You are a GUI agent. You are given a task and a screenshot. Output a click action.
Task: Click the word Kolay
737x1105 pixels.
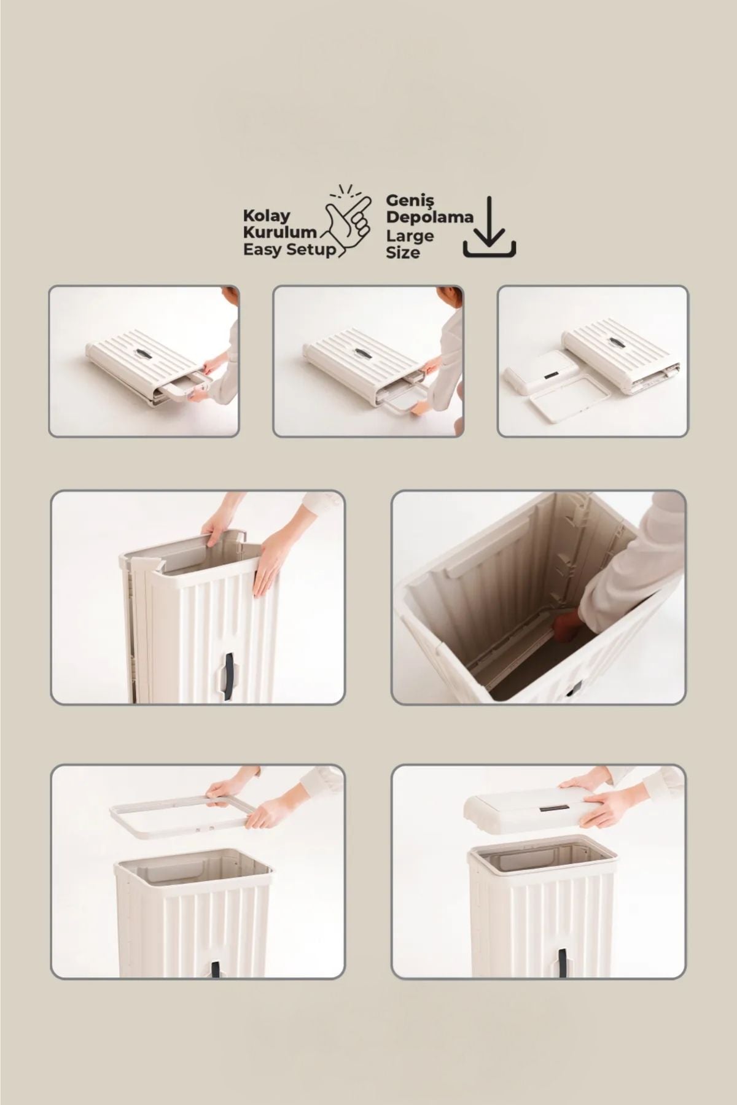(x=267, y=216)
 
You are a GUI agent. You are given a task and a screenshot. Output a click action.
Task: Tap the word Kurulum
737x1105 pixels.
(x=280, y=233)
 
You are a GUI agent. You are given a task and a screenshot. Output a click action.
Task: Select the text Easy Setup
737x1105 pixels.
(x=290, y=249)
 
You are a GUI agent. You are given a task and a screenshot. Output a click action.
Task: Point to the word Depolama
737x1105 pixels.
(x=430, y=217)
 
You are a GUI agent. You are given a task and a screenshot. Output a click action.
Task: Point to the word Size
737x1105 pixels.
(x=403, y=252)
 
